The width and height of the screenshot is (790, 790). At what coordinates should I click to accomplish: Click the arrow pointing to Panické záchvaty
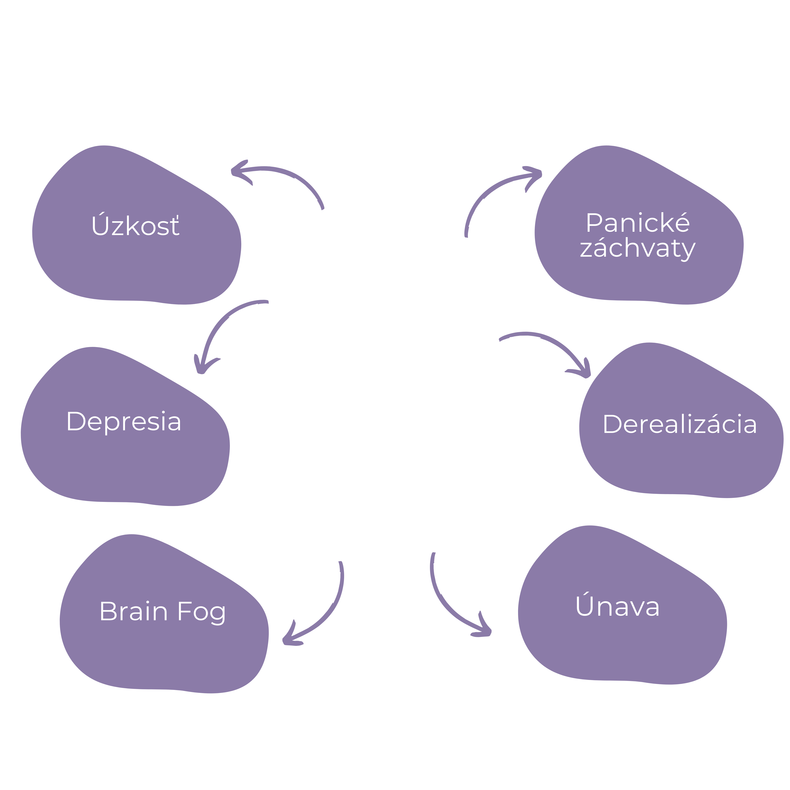click(491, 192)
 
